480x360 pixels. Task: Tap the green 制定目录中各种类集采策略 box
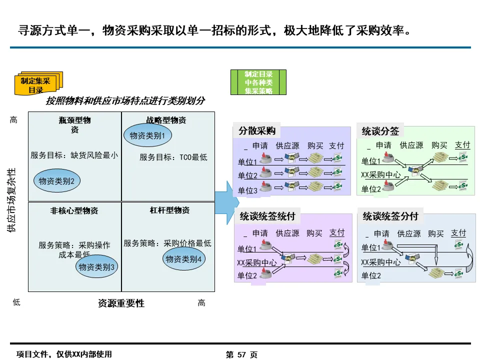258,82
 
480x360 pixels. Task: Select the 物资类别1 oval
147,135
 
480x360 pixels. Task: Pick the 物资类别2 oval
56,181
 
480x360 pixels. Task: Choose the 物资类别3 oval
97,267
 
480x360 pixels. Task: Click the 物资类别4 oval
183,259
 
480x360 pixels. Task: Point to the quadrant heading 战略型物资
166,120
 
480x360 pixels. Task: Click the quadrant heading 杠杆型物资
169,210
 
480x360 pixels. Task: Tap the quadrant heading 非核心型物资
74,211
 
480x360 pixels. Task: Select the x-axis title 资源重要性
121,303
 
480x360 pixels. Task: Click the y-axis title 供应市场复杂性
11,200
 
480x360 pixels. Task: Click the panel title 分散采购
257,131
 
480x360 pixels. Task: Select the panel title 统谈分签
380,131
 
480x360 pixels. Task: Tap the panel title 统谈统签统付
267,217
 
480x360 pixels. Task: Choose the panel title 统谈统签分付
390,217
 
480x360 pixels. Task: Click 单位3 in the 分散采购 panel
247,190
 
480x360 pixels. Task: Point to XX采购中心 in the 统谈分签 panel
380,175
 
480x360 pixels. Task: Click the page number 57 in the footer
241,354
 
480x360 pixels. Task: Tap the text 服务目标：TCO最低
173,157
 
